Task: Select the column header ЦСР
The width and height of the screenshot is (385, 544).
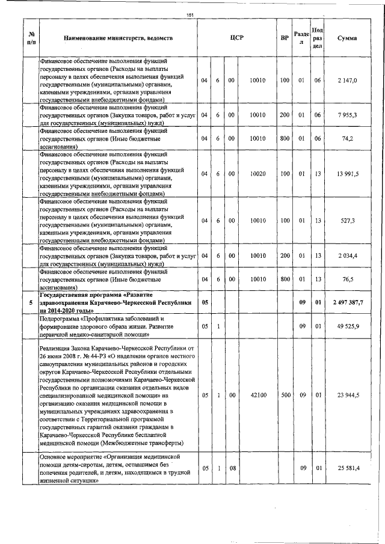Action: (236, 38)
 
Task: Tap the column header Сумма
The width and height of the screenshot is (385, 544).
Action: (347, 38)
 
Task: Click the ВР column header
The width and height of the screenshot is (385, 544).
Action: (285, 38)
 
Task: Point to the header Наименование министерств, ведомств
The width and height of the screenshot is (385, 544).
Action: (119, 38)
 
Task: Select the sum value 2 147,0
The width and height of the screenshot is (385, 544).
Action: (347, 80)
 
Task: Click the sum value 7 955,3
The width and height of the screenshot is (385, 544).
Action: (347, 114)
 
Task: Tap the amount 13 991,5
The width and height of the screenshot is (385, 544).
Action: (347, 174)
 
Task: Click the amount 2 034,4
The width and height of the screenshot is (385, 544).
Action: (347, 255)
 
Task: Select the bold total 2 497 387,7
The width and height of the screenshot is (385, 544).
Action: (347, 302)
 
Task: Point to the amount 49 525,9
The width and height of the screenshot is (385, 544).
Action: (347, 326)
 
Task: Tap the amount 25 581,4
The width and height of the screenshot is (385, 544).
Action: (347, 468)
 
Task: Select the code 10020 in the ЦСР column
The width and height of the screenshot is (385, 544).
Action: (258, 174)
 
